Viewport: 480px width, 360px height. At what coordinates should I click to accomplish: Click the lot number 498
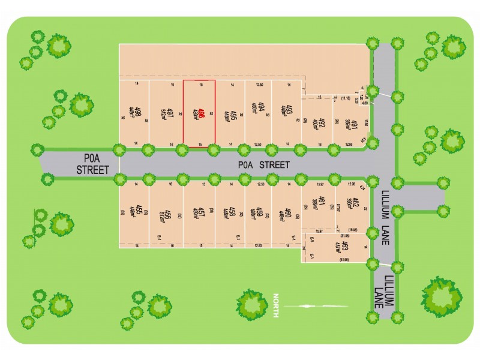click(139, 112)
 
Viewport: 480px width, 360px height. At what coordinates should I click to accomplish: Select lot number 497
click(170, 112)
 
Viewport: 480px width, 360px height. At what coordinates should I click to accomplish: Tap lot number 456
click(170, 212)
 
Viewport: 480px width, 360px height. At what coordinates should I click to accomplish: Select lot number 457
click(202, 212)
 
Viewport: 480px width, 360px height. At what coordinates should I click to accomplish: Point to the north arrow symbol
click(316, 306)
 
